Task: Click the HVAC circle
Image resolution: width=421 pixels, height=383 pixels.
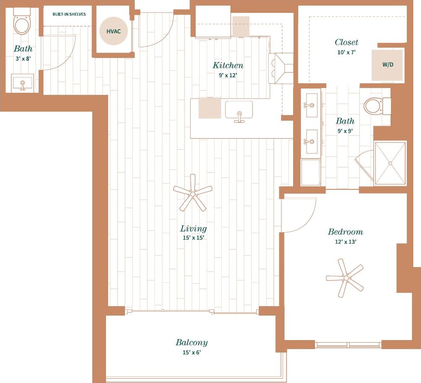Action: tap(114, 31)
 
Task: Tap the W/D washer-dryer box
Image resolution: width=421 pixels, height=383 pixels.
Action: tap(387, 65)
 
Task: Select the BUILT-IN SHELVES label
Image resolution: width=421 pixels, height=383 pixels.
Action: tap(69, 14)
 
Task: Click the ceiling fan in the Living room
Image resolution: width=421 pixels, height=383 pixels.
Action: tap(193, 194)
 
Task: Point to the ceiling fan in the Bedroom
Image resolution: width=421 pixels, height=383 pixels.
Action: tap(345, 278)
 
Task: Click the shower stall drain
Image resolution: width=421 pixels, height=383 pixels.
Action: tap(390, 163)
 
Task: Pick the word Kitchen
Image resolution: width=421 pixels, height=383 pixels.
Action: tap(228, 65)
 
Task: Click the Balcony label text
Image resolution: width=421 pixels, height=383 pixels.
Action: tap(191, 342)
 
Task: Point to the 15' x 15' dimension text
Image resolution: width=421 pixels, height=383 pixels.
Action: tap(193, 237)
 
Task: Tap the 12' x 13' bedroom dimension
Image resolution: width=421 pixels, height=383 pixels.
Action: tap(345, 241)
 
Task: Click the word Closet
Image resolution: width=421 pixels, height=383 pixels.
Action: tap(346, 42)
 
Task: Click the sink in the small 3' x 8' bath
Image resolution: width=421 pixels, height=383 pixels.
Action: tap(23, 83)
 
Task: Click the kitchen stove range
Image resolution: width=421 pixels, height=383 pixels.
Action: tap(281, 68)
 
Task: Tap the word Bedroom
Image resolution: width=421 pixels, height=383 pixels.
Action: tap(345, 232)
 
